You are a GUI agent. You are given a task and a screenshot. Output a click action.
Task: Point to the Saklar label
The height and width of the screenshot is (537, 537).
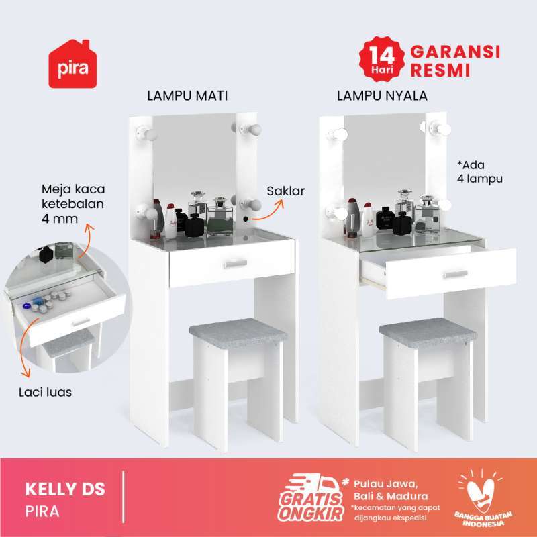pos(285,191)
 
